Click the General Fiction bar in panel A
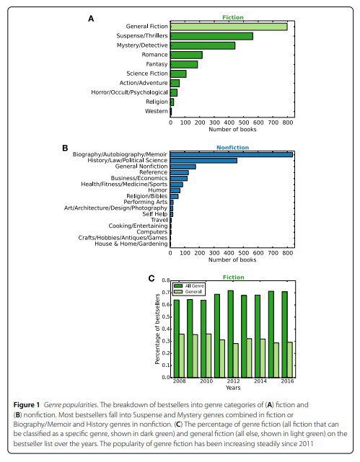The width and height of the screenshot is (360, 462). (x=229, y=27)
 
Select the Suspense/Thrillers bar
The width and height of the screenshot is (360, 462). (x=211, y=36)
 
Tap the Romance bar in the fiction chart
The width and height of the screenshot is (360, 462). (x=186, y=55)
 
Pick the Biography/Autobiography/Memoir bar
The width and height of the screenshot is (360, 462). (x=232, y=155)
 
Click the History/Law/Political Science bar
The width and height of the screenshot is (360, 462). (x=203, y=161)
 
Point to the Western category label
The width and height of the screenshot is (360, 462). (x=157, y=111)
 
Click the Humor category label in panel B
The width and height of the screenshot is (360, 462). (x=158, y=190)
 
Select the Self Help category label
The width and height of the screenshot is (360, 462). (x=155, y=214)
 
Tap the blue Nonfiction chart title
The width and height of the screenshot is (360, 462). (x=232, y=147)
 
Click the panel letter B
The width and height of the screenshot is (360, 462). (x=65, y=148)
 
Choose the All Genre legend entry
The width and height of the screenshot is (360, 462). (x=189, y=286)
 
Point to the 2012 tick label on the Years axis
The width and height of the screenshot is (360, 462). (x=233, y=381)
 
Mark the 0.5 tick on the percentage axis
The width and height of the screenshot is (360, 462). (x=166, y=316)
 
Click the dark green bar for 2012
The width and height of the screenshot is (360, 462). (x=231, y=334)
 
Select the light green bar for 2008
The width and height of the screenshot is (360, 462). (x=182, y=355)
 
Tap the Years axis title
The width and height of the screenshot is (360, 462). (x=233, y=388)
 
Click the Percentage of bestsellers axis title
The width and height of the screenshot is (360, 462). (x=157, y=329)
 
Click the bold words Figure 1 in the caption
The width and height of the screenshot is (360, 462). (x=27, y=405)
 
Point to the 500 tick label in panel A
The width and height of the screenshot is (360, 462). (x=244, y=123)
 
